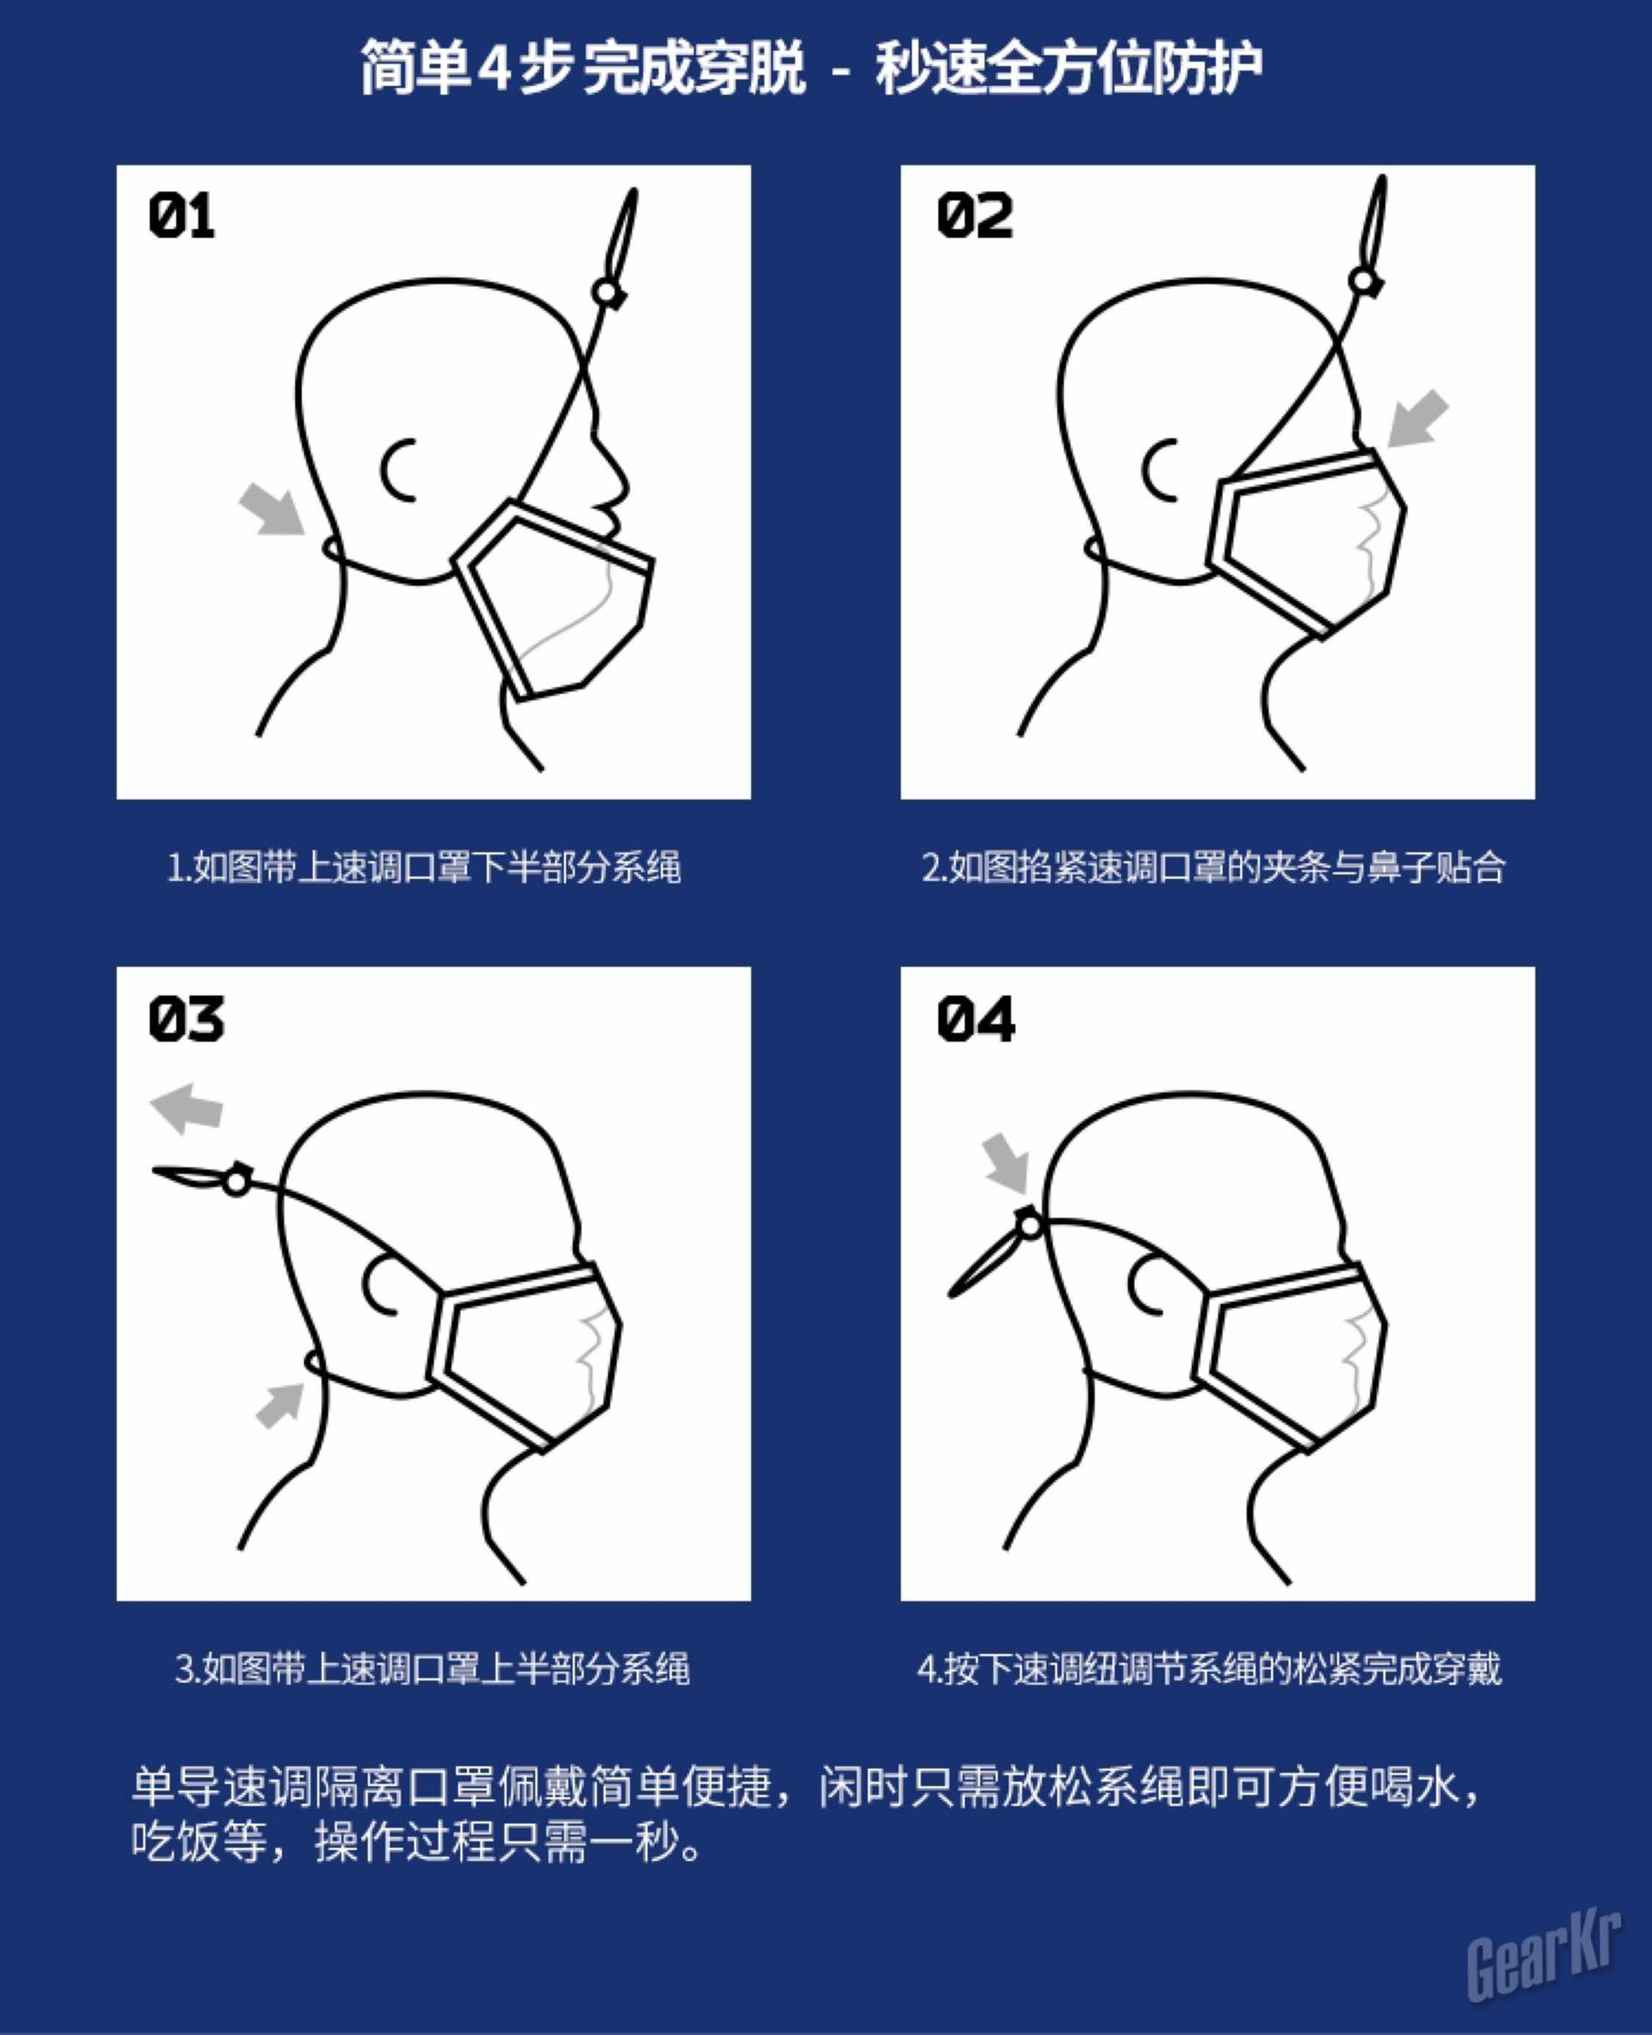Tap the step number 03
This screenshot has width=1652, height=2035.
pos(186,1019)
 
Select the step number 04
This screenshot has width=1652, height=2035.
pos(975,1019)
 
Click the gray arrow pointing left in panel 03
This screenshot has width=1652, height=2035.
pos(186,1109)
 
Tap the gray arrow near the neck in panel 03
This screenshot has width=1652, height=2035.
pos(280,1404)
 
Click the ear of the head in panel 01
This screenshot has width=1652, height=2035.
pos(398,469)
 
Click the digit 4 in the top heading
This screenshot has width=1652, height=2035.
pos(494,70)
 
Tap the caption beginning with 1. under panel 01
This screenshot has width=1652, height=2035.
pos(424,868)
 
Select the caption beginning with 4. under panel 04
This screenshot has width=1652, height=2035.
pos(1209,1669)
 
